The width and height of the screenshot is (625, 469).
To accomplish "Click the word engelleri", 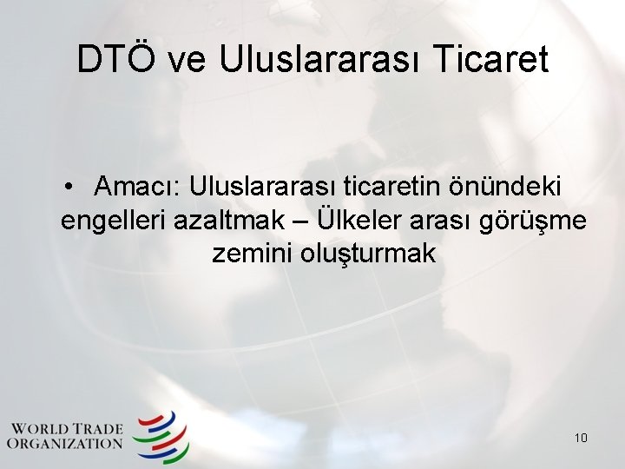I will (114, 221).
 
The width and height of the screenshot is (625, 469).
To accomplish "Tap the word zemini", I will (251, 254).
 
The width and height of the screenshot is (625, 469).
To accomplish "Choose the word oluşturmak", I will (368, 254).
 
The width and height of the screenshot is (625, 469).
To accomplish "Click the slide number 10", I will (581, 438).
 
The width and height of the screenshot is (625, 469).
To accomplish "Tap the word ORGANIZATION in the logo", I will (65, 444).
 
